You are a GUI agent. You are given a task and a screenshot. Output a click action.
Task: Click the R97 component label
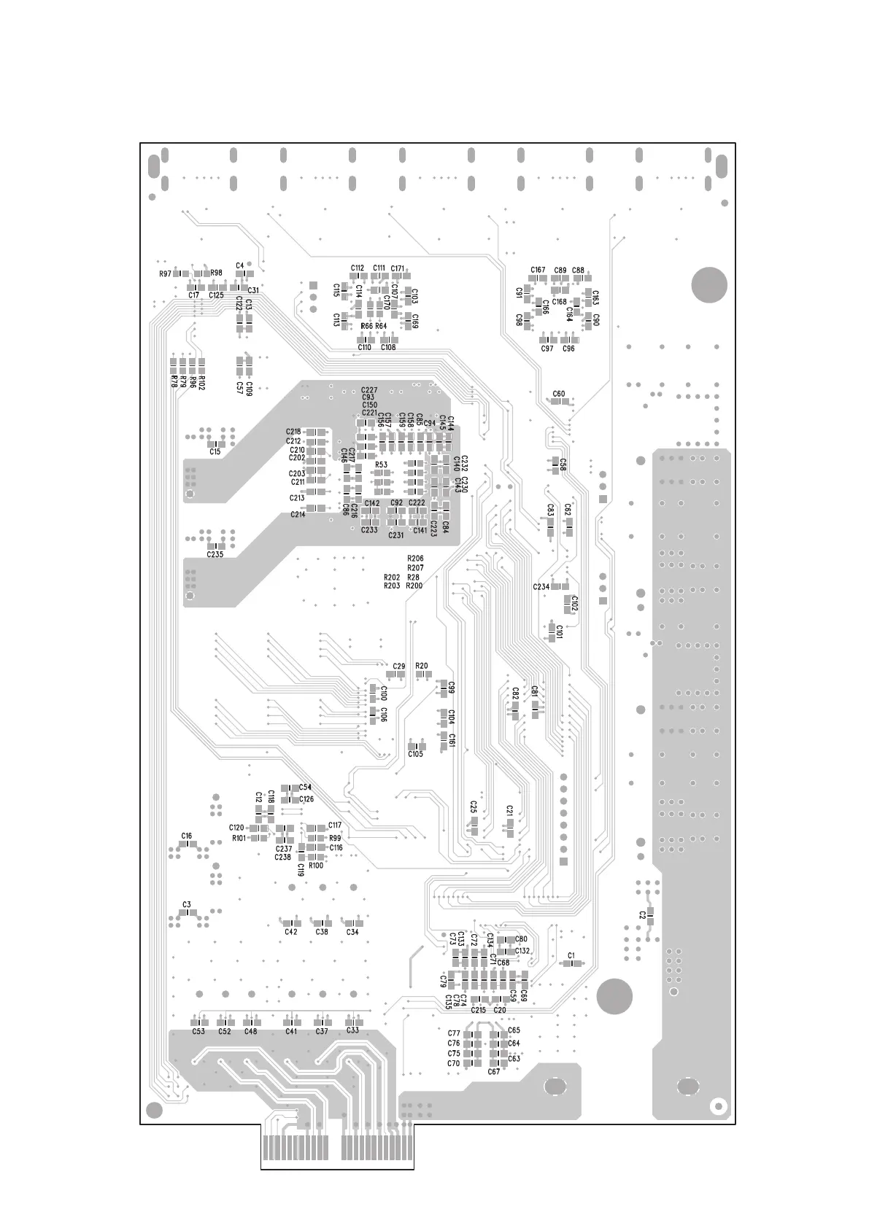tap(165, 273)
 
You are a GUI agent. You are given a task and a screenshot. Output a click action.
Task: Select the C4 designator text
tap(239, 265)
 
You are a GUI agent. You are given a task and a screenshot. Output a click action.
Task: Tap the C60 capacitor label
tap(558, 394)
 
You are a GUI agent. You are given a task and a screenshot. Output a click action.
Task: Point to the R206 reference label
tap(415, 559)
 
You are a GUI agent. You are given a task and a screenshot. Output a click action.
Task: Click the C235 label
tap(215, 555)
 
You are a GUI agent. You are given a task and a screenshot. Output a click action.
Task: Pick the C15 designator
tap(215, 452)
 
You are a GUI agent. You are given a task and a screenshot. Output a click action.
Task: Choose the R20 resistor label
tap(421, 666)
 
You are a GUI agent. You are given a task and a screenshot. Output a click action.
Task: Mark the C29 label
tap(398, 667)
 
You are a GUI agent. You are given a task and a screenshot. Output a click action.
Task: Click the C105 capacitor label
tap(415, 754)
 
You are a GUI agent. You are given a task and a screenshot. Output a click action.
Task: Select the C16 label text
tap(187, 836)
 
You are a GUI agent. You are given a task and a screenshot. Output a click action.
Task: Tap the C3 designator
tap(187, 904)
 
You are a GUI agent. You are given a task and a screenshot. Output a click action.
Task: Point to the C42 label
tap(291, 932)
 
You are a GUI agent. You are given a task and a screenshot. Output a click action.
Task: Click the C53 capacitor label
tap(198, 1031)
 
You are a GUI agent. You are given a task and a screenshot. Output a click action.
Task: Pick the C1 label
tap(571, 955)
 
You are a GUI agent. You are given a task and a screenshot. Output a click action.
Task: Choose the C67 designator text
tap(494, 1072)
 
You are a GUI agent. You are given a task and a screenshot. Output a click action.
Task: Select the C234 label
tap(541, 587)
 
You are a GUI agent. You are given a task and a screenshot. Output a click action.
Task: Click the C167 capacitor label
tap(538, 271)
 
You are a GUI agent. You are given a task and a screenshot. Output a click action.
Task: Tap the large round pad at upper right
tap(709, 284)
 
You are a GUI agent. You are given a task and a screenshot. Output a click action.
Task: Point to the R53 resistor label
tap(381, 465)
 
